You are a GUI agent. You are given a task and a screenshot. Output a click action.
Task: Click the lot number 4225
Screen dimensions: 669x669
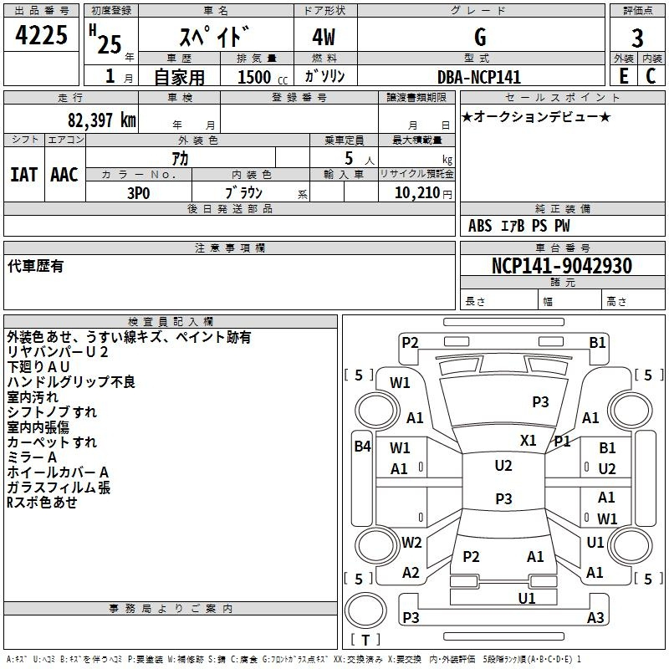[41, 35]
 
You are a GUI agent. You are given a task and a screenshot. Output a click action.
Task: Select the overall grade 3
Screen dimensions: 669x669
[637, 38]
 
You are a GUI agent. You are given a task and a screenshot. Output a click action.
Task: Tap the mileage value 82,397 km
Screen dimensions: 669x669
[102, 120]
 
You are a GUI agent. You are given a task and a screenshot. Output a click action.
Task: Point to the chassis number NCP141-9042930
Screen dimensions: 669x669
[561, 265]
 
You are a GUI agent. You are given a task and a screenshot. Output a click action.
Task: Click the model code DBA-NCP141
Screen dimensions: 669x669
[479, 77]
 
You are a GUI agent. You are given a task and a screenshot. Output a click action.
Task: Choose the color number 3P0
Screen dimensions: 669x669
[139, 193]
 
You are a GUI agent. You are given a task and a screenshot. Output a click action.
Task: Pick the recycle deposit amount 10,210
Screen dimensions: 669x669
[417, 193]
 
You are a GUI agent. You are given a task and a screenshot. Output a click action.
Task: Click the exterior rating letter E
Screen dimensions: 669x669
[623, 76]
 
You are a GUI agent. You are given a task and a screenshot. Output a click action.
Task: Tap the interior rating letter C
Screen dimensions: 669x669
[651, 76]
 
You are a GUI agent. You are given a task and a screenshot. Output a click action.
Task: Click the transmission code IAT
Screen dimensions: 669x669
[24, 175]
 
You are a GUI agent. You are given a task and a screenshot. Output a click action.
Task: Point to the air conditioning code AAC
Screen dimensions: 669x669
[64, 175]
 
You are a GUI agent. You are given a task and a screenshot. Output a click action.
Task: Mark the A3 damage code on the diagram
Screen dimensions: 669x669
[595, 617]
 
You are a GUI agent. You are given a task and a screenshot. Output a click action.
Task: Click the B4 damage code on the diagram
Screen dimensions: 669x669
[363, 447]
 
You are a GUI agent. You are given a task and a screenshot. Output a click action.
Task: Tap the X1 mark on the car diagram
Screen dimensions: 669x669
[529, 441]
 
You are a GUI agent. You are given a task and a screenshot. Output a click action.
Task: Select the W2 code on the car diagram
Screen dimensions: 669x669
[411, 543]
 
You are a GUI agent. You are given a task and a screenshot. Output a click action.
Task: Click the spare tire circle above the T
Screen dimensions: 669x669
[365, 610]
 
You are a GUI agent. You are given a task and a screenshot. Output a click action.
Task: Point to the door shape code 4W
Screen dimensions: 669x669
[324, 37]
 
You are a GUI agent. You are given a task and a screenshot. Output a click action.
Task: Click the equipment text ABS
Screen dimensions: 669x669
[480, 226]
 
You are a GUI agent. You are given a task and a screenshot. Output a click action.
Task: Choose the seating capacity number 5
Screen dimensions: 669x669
[349, 159]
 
